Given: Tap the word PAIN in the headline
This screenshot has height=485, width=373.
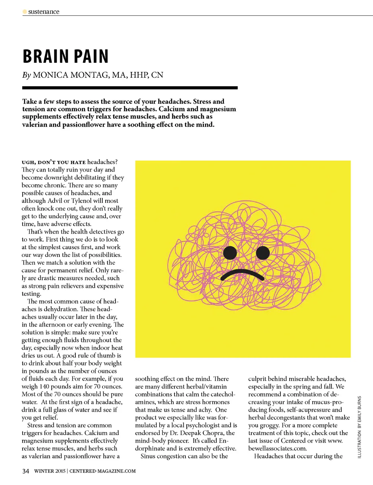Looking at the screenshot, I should point(92,57).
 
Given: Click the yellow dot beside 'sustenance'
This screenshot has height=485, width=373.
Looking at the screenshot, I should point(25,12).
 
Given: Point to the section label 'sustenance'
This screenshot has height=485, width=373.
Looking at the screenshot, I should point(44,12).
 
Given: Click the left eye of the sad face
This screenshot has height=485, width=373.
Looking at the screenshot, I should point(230,253).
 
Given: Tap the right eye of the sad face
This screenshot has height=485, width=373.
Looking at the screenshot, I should point(263,253).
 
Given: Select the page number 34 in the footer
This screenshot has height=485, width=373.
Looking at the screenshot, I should point(25,471).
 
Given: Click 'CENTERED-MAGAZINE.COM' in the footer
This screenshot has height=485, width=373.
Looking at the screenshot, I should point(102,471).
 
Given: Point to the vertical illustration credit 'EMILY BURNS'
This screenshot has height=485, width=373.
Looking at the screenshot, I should point(360,408).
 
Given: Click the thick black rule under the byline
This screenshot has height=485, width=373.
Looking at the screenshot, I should point(130,88).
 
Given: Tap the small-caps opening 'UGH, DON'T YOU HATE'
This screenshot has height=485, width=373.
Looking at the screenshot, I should point(54,162).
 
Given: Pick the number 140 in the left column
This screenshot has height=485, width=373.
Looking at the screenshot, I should point(44,386).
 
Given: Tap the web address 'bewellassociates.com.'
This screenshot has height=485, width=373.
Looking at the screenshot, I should point(278,449).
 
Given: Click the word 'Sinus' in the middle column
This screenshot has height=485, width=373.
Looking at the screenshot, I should point(149,456).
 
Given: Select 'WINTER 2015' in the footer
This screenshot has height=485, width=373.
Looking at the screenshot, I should point(50,471).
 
